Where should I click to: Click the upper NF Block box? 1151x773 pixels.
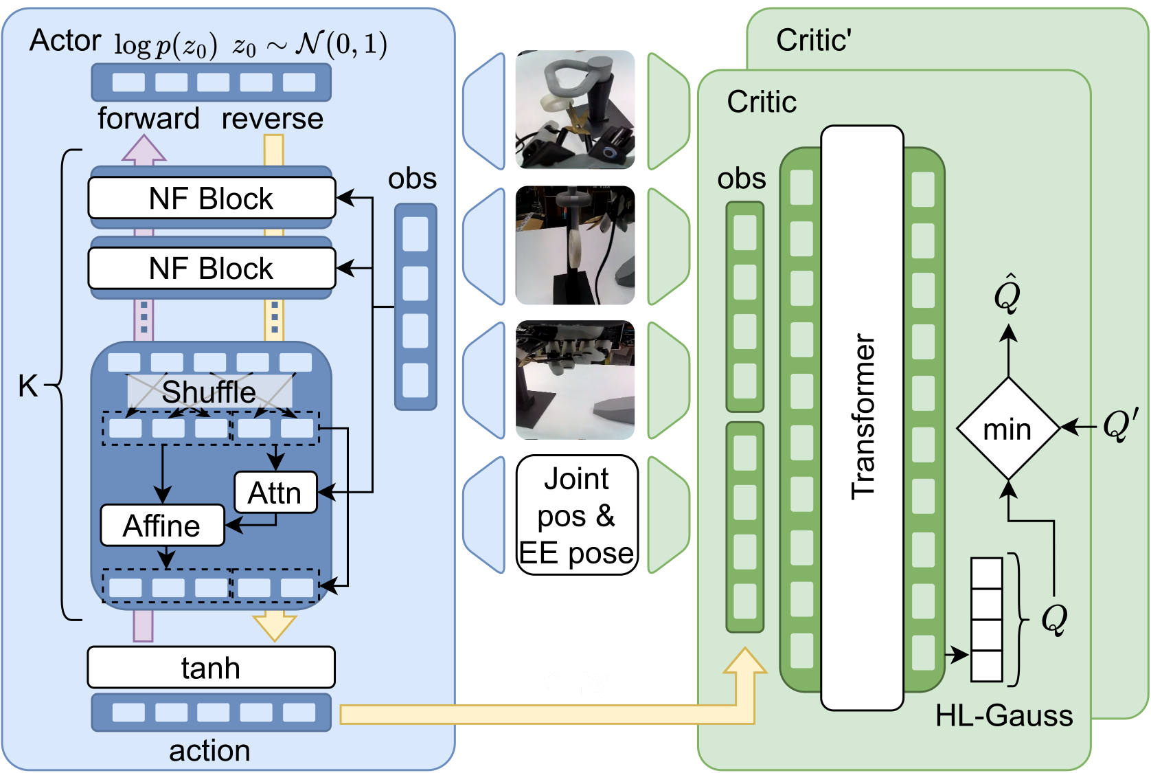212,199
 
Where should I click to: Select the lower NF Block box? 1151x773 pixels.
212,268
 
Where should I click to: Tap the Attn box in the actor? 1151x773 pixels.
275,492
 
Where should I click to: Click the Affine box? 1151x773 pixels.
162,526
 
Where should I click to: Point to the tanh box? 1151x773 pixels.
211,667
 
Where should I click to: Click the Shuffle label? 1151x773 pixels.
209,392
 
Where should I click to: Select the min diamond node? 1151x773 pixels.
1007,429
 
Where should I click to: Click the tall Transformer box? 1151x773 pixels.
863,417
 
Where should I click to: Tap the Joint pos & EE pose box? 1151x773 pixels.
577,515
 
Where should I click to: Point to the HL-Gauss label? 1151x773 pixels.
1003,716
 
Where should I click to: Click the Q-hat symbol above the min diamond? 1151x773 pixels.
1007,294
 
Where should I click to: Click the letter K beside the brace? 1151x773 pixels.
27,386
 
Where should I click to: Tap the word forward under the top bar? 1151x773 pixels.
148,118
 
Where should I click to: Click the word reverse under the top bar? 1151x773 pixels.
272,118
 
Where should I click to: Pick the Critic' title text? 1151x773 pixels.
814,41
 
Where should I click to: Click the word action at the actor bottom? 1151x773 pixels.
209,750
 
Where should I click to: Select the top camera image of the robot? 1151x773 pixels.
575,109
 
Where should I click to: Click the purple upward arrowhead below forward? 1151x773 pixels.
144,149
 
